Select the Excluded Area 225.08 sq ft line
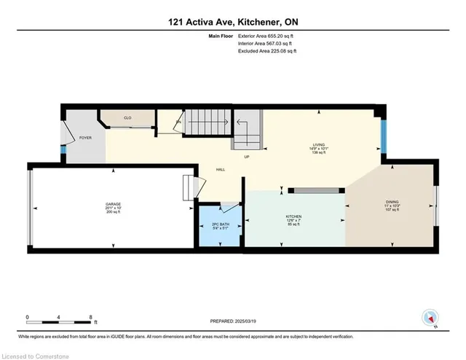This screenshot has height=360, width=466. tap(268, 51)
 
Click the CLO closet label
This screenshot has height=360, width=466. tap(127, 117)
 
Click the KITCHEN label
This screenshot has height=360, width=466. tap(293, 217)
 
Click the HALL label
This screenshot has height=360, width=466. tap(221, 169)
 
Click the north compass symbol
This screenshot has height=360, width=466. tap(430, 317)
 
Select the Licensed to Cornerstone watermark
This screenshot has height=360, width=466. tap(34, 354)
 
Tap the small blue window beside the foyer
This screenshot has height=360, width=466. tap(63, 151)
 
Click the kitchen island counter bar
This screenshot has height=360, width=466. tap(315, 190)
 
